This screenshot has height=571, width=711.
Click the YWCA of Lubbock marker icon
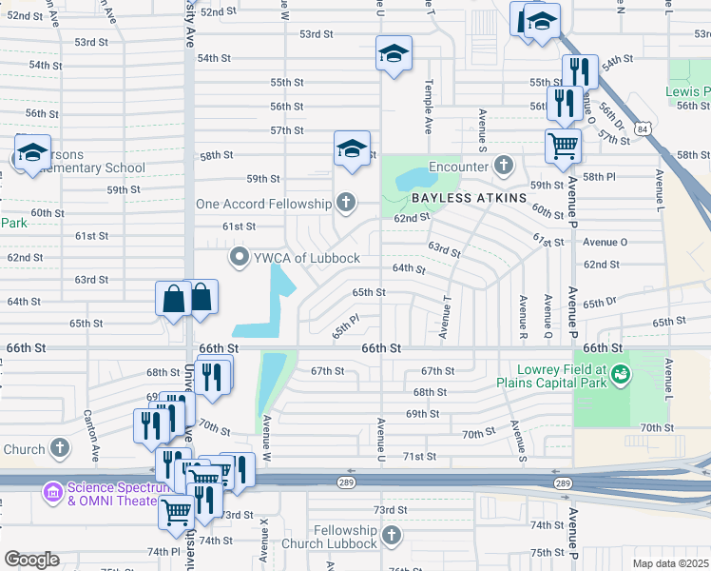click(240, 258)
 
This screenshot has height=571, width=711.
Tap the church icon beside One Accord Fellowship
click(346, 203)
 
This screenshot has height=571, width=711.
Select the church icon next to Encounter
click(503, 166)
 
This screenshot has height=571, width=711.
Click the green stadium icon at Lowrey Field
click(621, 374)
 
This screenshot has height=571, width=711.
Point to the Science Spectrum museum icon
click(51, 491)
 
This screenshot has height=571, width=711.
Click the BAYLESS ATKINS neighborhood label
click(469, 198)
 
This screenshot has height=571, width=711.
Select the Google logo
click(31, 560)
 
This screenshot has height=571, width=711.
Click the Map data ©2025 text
click(670, 563)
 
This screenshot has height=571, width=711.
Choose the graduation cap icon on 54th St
click(393, 54)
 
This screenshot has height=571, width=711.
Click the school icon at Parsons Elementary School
click(31, 152)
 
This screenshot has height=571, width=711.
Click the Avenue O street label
click(605, 242)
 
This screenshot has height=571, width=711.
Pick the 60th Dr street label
click(548, 210)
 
